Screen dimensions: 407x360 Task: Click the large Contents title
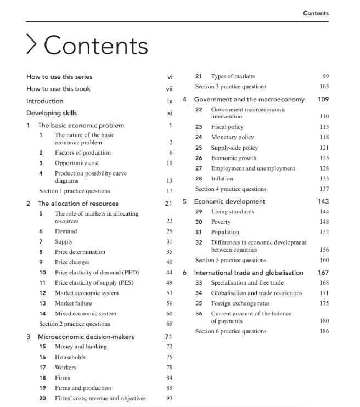click(95, 46)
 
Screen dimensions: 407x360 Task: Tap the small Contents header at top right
click(316, 13)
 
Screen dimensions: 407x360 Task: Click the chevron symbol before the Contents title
click(32, 45)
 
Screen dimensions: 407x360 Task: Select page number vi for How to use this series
click(170, 77)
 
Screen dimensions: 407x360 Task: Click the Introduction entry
click(44, 101)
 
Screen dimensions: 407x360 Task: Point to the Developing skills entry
click(52, 113)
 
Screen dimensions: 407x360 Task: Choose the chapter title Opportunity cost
click(77, 163)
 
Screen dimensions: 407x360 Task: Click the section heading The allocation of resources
click(78, 203)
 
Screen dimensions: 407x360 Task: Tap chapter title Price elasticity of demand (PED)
click(97, 273)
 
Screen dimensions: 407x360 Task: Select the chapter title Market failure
click(73, 303)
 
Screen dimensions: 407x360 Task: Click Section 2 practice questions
click(74, 324)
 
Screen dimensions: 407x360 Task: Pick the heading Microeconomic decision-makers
click(86, 337)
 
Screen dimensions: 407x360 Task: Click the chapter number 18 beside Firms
click(42, 378)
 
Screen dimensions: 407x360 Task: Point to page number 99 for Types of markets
click(325, 76)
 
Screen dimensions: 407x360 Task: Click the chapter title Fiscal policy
click(227, 127)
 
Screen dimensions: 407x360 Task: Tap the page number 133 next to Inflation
click(324, 179)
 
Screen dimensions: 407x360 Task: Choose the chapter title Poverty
click(221, 222)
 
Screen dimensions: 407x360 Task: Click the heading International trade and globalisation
click(249, 273)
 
